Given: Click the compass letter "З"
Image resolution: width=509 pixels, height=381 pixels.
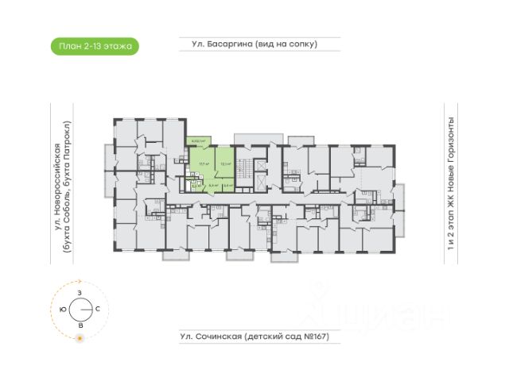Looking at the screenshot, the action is [80, 294].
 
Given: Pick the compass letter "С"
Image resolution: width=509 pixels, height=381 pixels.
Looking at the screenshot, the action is [97, 308].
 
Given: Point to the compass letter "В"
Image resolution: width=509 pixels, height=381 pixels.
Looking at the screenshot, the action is [80, 325].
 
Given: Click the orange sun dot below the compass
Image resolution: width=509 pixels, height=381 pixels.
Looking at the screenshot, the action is [80, 340].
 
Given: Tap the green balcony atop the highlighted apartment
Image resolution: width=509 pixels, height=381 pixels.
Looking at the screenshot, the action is [197, 141].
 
